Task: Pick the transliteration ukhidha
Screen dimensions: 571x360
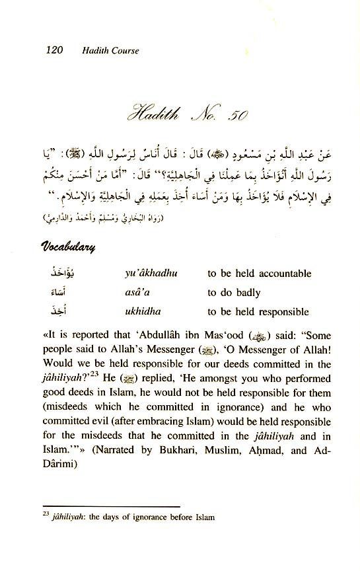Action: tap(140, 312)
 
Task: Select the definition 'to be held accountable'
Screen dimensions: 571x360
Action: tap(259, 273)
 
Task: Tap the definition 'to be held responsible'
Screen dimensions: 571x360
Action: tap(258, 312)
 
